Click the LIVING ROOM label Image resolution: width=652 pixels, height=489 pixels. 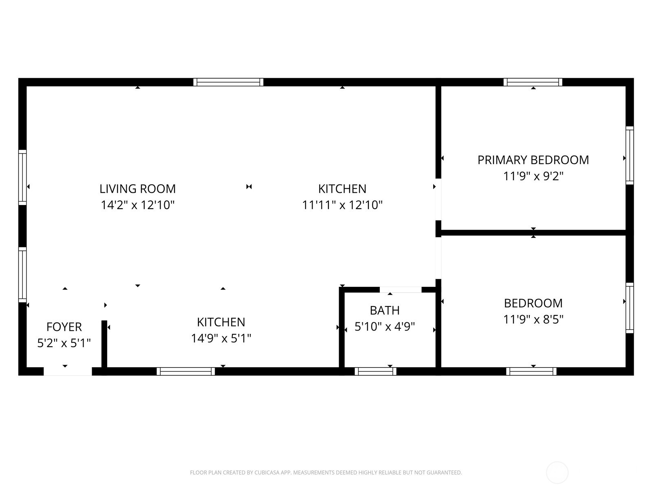138,189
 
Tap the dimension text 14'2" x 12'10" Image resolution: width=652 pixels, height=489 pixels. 138,205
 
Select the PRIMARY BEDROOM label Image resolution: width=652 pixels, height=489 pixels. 533,160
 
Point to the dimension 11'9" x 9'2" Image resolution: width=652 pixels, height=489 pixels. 533,176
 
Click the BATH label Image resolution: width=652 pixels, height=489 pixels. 385,311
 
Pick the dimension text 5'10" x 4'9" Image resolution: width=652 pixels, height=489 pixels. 385,326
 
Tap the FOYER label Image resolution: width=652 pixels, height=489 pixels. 64,327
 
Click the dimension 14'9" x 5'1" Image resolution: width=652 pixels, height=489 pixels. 221,338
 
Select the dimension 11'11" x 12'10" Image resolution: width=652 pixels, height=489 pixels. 342,205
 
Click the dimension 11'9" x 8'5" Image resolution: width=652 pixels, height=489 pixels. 533,319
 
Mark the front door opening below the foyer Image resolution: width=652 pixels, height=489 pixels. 68,371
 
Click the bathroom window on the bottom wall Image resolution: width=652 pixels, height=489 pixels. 375,371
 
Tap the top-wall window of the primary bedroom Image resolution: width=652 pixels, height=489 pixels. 533,82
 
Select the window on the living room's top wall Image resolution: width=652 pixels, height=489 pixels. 228,82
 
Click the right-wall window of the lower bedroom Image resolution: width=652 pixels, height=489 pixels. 630,308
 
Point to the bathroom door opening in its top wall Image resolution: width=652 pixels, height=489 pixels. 401,290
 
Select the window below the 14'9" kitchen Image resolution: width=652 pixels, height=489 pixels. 186,371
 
